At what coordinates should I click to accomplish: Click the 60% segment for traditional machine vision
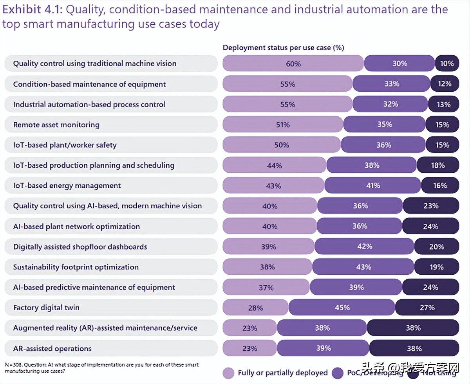coord(293,63)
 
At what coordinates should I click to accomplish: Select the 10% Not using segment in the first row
coord(446,63)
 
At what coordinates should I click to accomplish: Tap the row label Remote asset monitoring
coord(56,125)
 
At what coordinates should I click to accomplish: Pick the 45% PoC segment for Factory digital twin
coord(342,308)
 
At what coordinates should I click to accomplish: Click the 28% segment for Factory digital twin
coord(255,308)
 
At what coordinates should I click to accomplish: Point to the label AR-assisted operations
coord(52,348)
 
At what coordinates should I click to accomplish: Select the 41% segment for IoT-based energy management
coord(373,185)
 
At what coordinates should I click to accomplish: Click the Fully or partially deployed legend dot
coord(228,373)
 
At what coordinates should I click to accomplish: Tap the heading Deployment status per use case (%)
coord(283,48)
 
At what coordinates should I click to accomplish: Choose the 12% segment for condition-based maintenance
coord(444,84)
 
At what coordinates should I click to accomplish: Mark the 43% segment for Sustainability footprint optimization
coord(363,267)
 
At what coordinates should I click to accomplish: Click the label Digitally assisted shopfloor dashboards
coord(80,246)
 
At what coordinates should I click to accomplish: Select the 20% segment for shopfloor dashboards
coord(436,246)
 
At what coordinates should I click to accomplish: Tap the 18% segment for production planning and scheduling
coord(437,165)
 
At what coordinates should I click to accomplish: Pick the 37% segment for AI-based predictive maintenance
coord(266,287)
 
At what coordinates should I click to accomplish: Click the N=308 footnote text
coord(102,367)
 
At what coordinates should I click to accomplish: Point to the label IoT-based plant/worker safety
coord(65,145)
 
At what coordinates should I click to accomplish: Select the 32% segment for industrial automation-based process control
coord(390,104)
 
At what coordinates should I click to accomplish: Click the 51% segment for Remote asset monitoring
coord(283,125)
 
